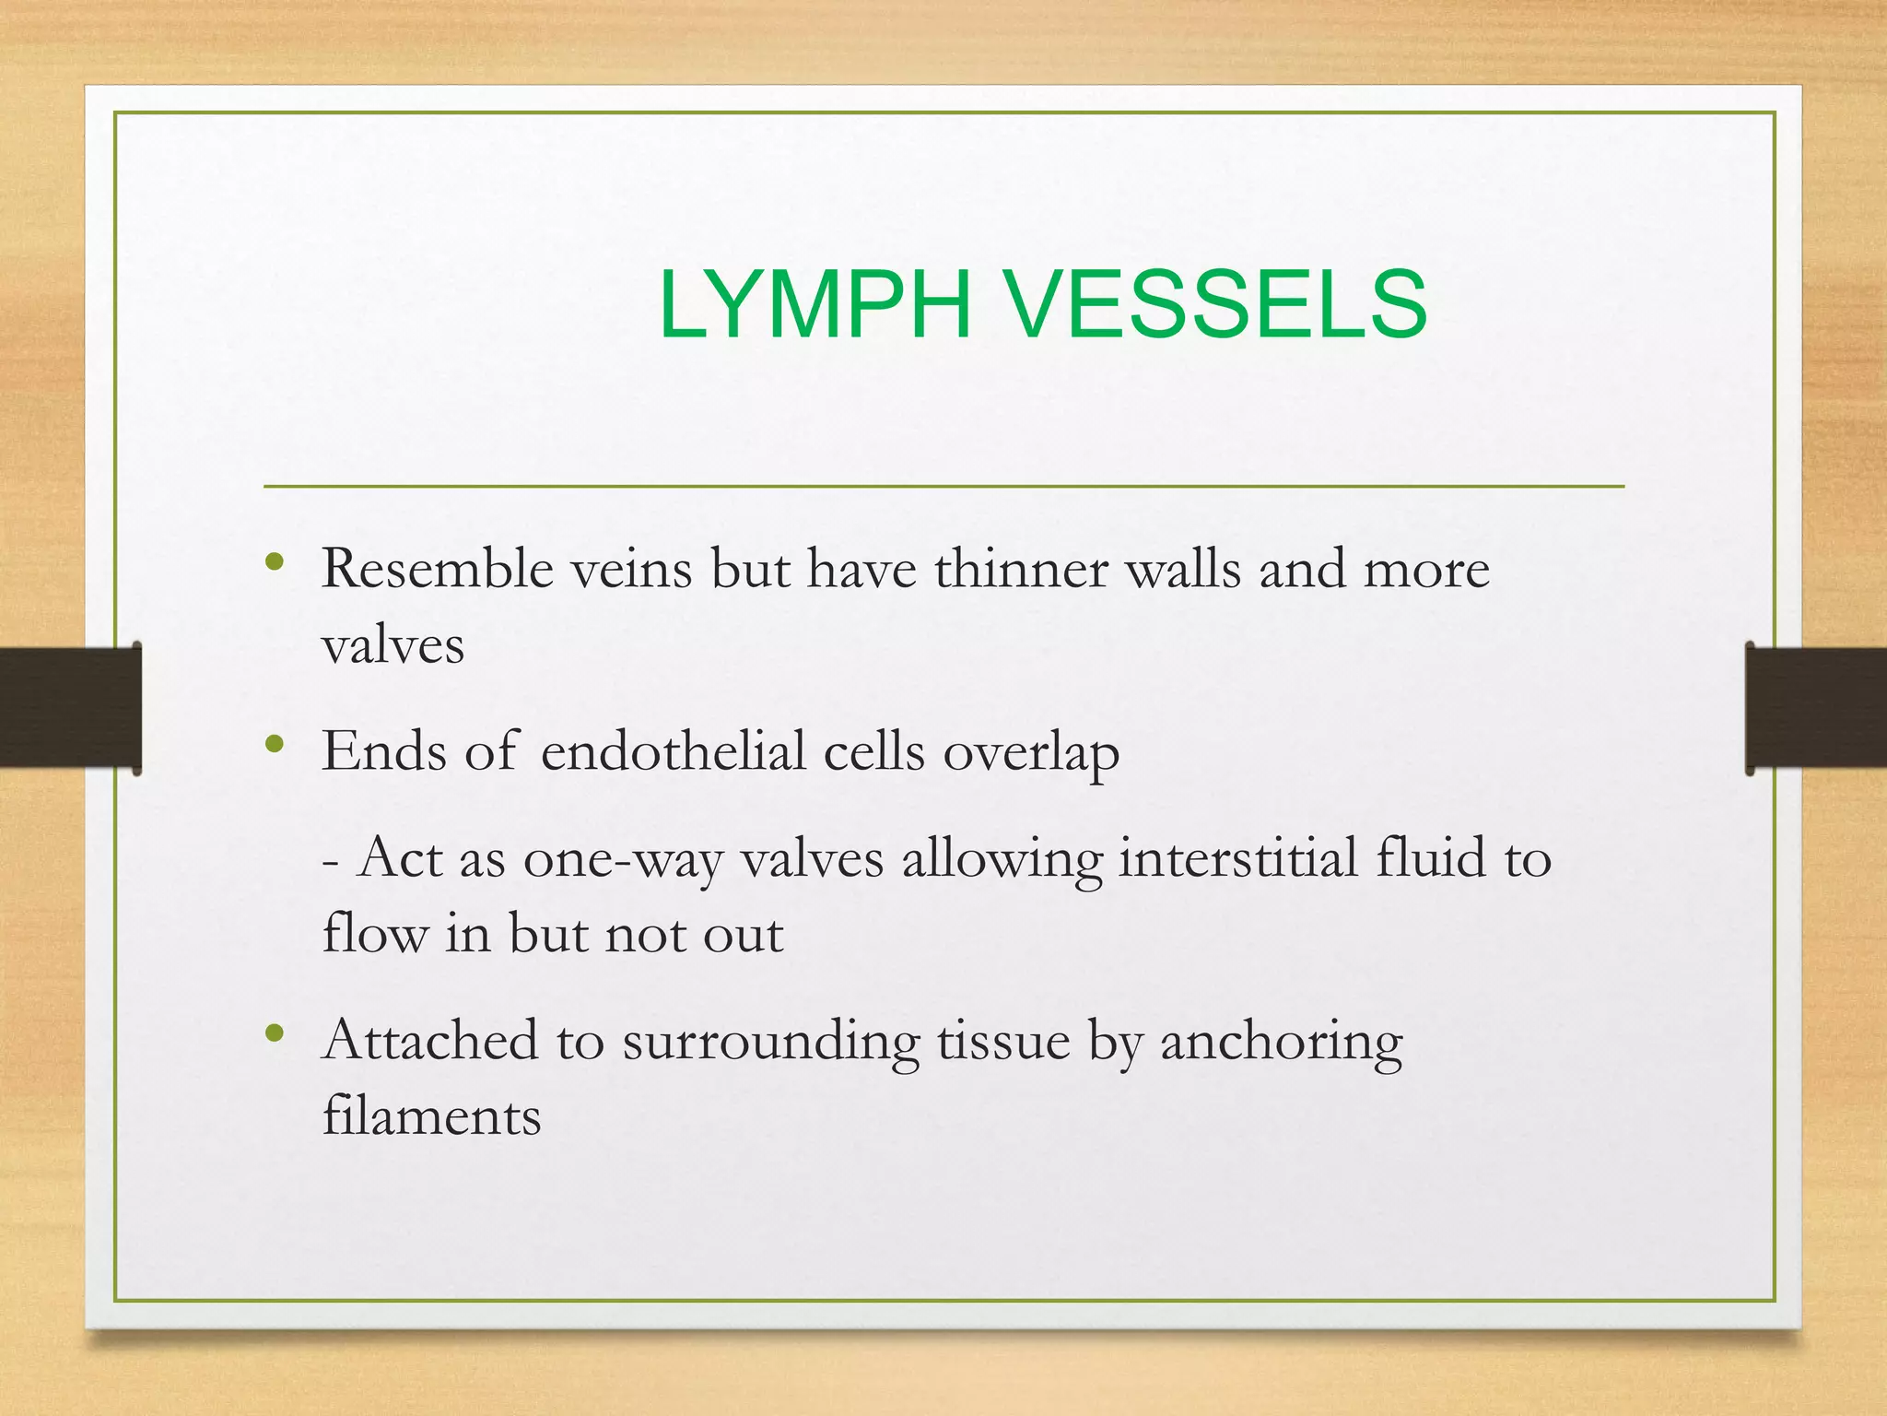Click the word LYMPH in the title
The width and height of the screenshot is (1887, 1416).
pyautogui.click(x=815, y=304)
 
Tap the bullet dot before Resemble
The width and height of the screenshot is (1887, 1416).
pyautogui.click(x=274, y=561)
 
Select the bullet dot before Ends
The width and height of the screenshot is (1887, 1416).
pyautogui.click(x=274, y=744)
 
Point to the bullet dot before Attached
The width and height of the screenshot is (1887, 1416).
pyautogui.click(x=274, y=1033)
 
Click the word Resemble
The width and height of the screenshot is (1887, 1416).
pyautogui.click(x=438, y=568)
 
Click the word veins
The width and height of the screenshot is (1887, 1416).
pyautogui.click(x=631, y=568)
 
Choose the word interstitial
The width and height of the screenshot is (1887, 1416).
pyautogui.click(x=1238, y=857)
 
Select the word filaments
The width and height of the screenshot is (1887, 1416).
pyautogui.click(x=431, y=1115)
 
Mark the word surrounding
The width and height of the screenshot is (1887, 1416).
pyautogui.click(x=771, y=1042)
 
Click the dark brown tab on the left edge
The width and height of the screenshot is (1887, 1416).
pyautogui.click(x=69, y=707)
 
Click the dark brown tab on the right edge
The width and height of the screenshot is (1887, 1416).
pyautogui.click(x=1815, y=707)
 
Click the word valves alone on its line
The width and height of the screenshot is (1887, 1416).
pyautogui.click(x=393, y=644)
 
